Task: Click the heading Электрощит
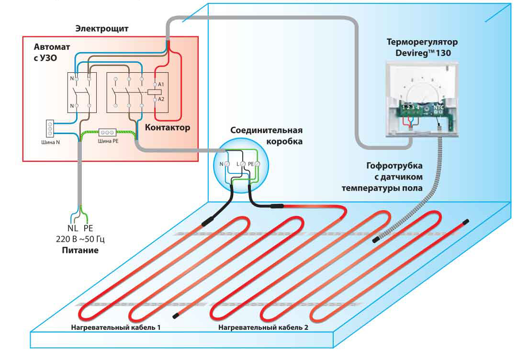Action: pos(101,29)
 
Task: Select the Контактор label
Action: pos(167,128)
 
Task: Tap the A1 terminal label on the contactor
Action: pos(161,85)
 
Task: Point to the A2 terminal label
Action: pos(161,99)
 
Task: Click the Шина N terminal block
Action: pos(49,128)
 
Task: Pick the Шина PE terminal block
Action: pos(107,132)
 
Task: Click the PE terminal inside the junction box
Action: pos(257,164)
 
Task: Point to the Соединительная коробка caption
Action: pos(267,136)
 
